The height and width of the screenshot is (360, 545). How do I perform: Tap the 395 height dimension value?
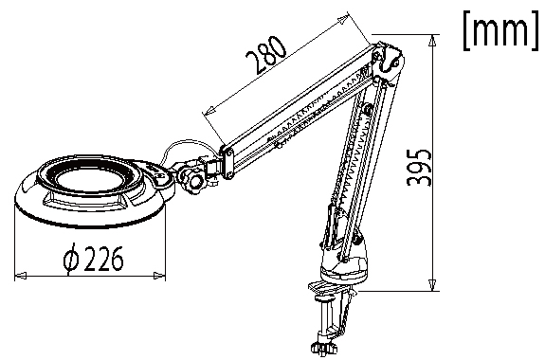pyautogui.click(x=419, y=168)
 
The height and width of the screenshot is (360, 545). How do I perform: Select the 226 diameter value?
pyautogui.click(x=104, y=259)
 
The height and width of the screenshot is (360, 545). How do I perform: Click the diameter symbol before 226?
pyautogui.click(x=71, y=258)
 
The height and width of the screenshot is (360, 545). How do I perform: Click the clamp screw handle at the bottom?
pyautogui.click(x=325, y=347)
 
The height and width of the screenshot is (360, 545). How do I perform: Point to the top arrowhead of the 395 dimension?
pyautogui.click(x=432, y=41)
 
